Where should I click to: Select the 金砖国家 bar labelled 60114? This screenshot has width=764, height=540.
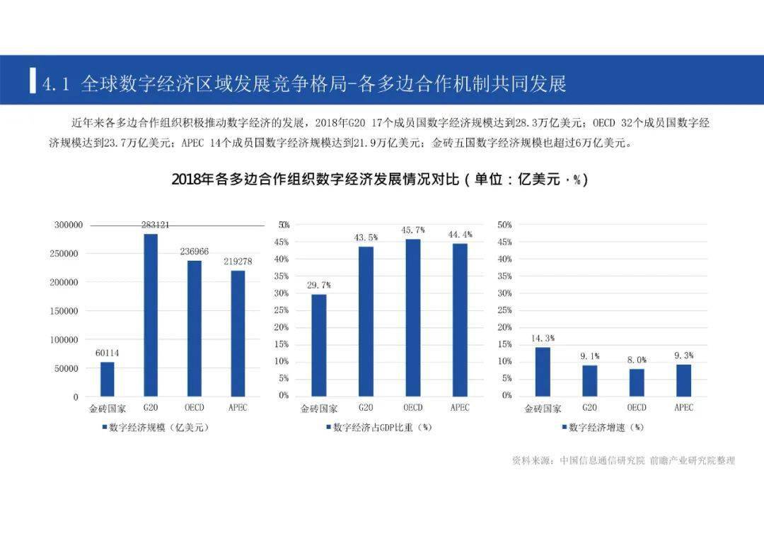click(x=107, y=379)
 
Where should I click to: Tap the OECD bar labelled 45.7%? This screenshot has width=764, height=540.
click(x=413, y=317)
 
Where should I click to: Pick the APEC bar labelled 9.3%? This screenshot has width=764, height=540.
click(x=683, y=380)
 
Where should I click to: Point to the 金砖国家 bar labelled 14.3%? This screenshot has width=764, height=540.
click(x=543, y=371)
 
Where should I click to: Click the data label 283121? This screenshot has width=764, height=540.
click(x=155, y=225)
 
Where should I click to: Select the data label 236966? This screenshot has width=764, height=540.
click(x=195, y=251)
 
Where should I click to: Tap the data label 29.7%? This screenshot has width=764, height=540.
click(x=318, y=285)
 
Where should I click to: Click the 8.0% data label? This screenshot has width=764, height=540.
click(x=637, y=360)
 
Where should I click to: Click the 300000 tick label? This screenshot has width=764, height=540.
click(x=69, y=225)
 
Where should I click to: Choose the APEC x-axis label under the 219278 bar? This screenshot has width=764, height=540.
click(x=238, y=408)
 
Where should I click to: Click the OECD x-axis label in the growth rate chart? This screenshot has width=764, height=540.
click(x=637, y=408)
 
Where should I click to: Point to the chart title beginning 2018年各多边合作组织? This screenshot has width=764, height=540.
click(x=380, y=180)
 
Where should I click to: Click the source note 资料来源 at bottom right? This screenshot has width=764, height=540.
click(x=623, y=460)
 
